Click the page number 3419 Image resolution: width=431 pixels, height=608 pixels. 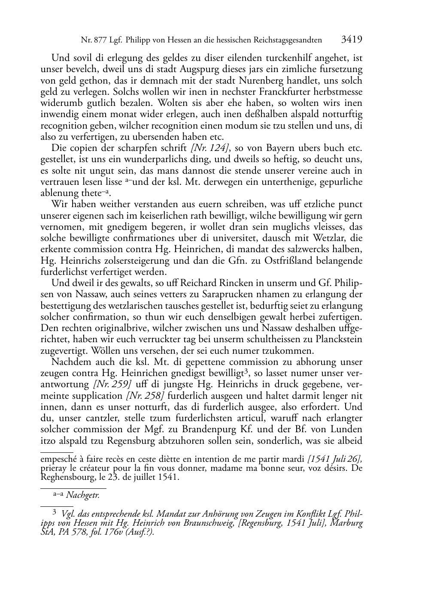pyautogui.click(x=352, y=40)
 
